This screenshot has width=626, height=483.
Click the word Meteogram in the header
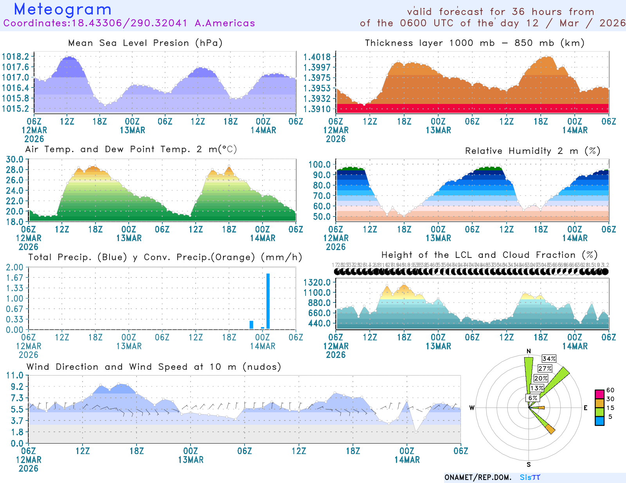point(63,9)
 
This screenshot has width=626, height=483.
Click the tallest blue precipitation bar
point(268,301)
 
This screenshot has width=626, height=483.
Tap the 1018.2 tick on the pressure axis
point(16,57)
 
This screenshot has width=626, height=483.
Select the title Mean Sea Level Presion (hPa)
point(145,43)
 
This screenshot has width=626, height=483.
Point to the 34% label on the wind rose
point(549,359)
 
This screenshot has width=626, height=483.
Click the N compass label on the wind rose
point(529,351)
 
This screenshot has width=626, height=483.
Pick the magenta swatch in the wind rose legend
point(599,394)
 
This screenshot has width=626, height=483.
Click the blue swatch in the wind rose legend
point(599,421)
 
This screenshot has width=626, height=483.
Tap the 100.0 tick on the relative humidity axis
point(320,165)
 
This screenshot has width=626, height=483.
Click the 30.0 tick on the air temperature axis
point(15,159)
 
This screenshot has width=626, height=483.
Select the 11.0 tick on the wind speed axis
point(15,376)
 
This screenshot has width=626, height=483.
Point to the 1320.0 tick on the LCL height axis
point(317,282)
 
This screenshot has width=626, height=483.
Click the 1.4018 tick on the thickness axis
point(317,57)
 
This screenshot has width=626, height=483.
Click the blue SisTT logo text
point(530,478)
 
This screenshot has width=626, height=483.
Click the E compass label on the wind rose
point(586,408)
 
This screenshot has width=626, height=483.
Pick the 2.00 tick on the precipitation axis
point(15,267)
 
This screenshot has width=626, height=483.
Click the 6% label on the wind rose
point(532,398)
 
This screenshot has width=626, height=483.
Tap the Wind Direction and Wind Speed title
point(154,367)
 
